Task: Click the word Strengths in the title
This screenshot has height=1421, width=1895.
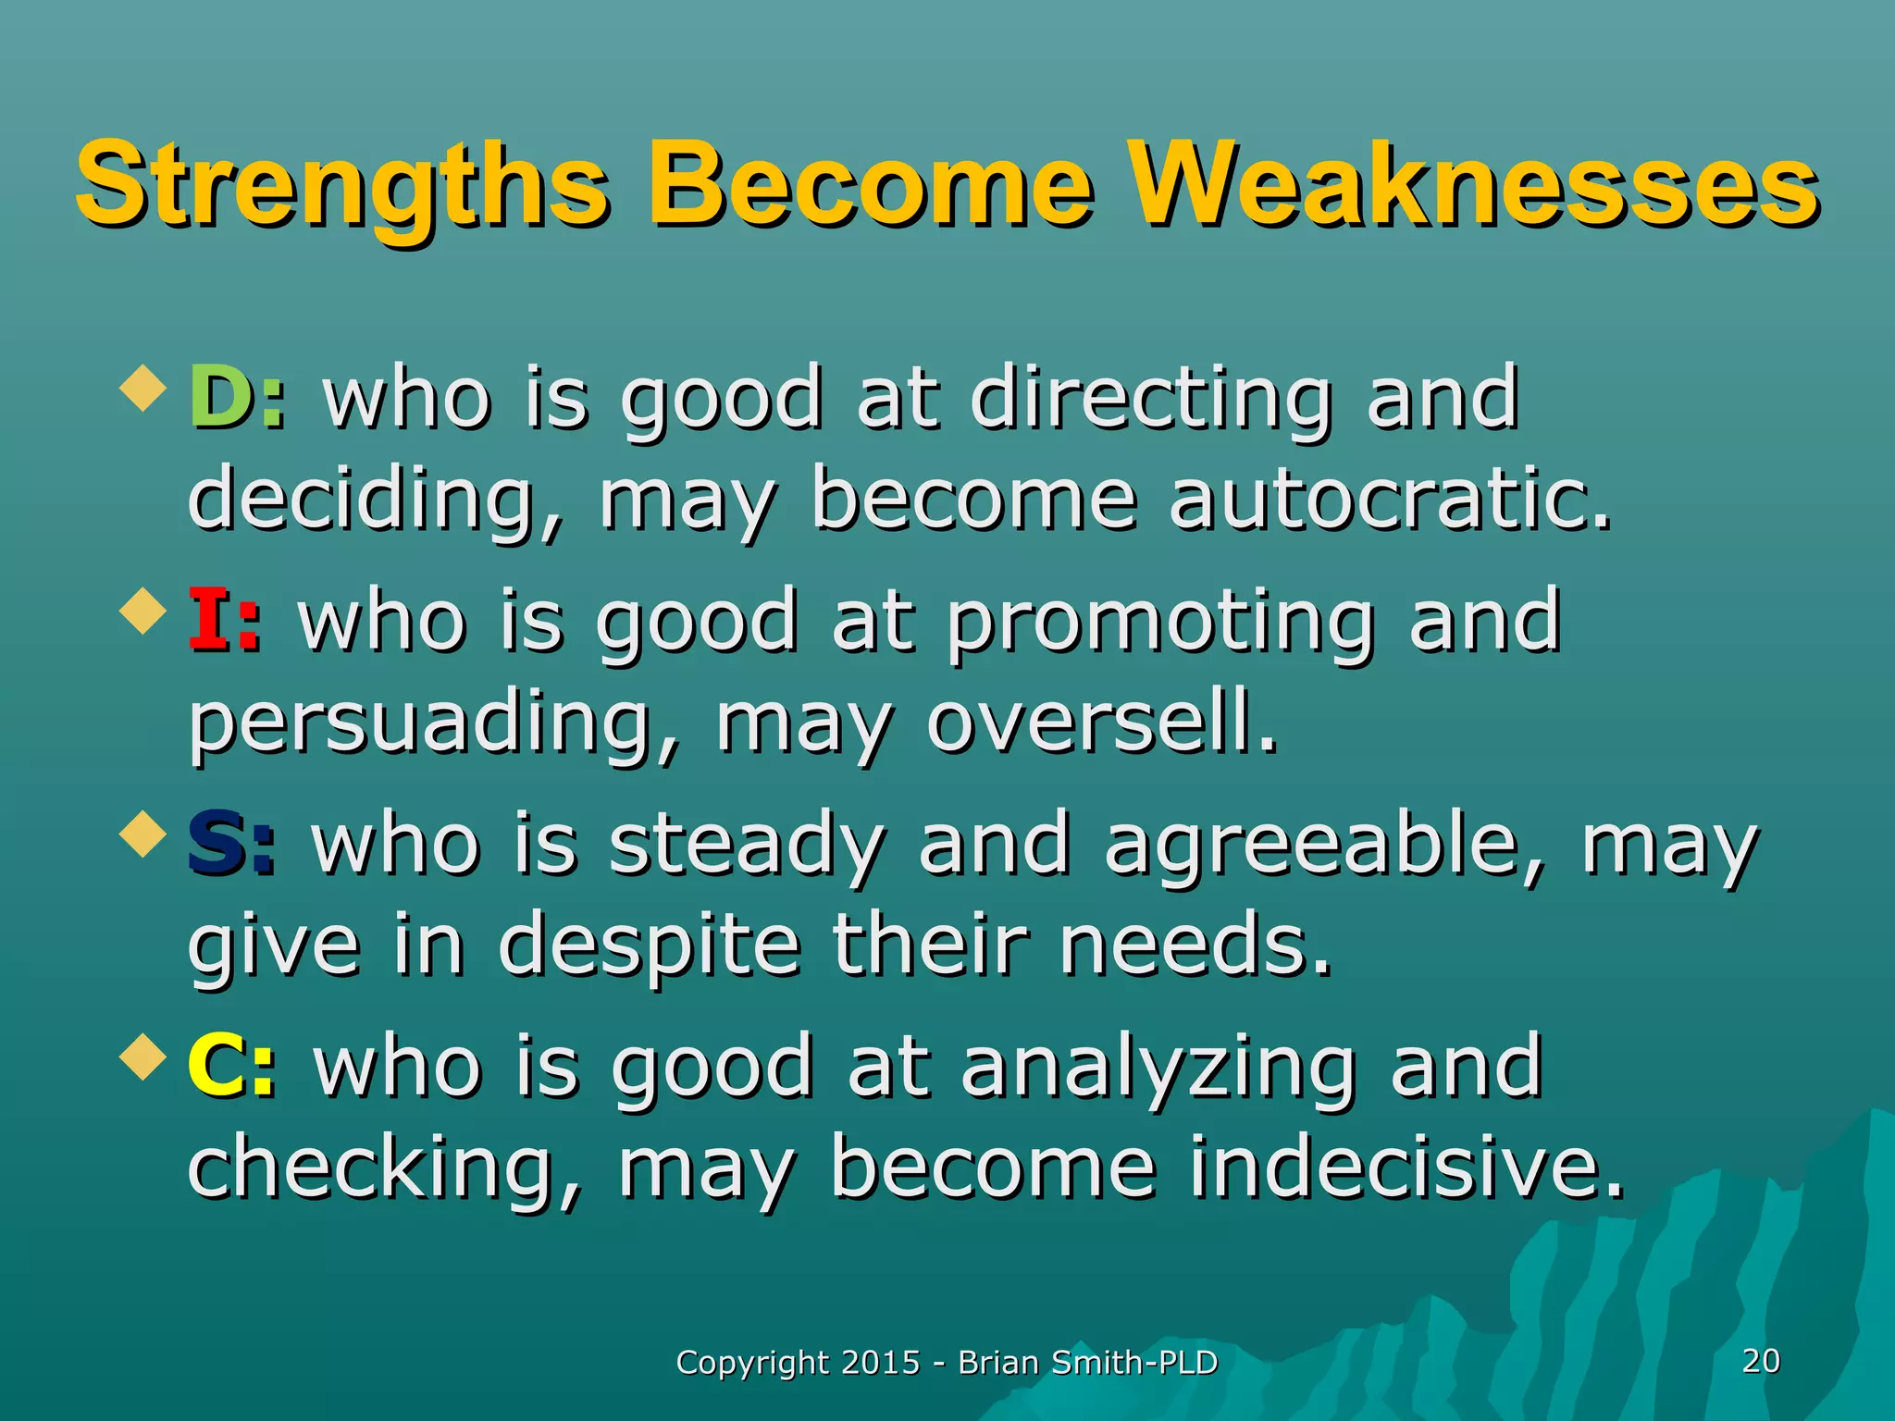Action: pyautogui.click(x=341, y=185)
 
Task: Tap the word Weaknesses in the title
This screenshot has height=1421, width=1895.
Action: pyautogui.click(x=1477, y=185)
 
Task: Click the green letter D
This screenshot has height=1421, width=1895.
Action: pyautogui.click(x=219, y=398)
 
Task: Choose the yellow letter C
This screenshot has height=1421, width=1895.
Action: pyautogui.click(x=217, y=1067)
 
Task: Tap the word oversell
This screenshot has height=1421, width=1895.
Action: pyautogui.click(x=1102, y=723)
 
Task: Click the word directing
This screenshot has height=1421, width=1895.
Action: pyautogui.click(x=1151, y=400)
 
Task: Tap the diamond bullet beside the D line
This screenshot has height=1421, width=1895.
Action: pyautogui.click(x=143, y=389)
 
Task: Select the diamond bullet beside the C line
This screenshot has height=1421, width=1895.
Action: pyautogui.click(x=143, y=1057)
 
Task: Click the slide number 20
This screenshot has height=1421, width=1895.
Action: pyautogui.click(x=1761, y=1361)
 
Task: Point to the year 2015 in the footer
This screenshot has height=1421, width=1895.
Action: pyautogui.click(x=881, y=1363)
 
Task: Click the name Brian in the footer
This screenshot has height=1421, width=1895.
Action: pyautogui.click(x=998, y=1363)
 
